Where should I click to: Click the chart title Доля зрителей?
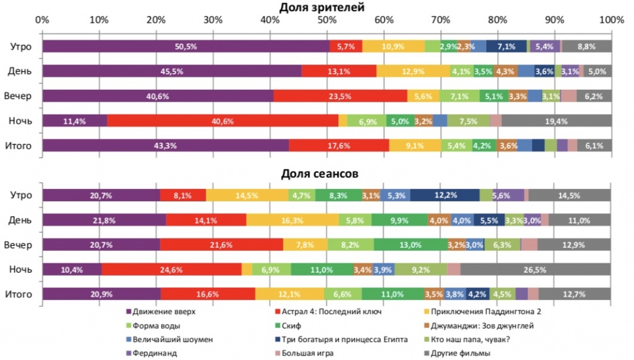[x=321, y=7]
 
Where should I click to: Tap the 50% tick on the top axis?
[x=327, y=20]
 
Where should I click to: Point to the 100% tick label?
[x=611, y=20]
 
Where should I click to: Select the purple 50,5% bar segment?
[x=186, y=46]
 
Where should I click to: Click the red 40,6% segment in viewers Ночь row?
[x=223, y=121]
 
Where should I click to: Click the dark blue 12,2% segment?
[x=445, y=196]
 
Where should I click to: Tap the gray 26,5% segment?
[x=536, y=270]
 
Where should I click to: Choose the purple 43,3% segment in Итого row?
[x=165, y=146]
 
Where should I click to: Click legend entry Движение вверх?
[x=161, y=312]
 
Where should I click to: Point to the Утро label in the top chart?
[x=20, y=46]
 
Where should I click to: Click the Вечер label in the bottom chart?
[x=18, y=245]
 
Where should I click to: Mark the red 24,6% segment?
[x=172, y=270]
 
